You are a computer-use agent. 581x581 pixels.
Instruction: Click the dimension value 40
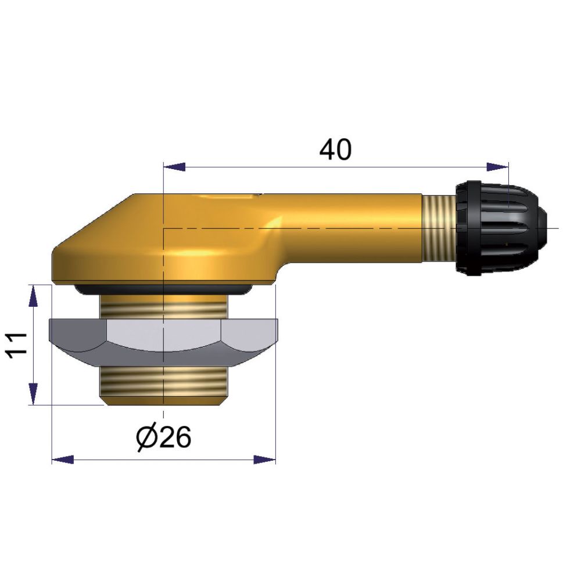point(336,150)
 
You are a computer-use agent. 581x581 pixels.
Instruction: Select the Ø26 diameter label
point(164,437)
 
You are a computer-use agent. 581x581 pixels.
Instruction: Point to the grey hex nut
point(164,343)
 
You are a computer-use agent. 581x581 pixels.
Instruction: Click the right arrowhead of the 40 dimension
point(498,167)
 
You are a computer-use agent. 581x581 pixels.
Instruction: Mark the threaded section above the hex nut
point(164,306)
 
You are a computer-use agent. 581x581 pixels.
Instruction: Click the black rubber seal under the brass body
point(164,288)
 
